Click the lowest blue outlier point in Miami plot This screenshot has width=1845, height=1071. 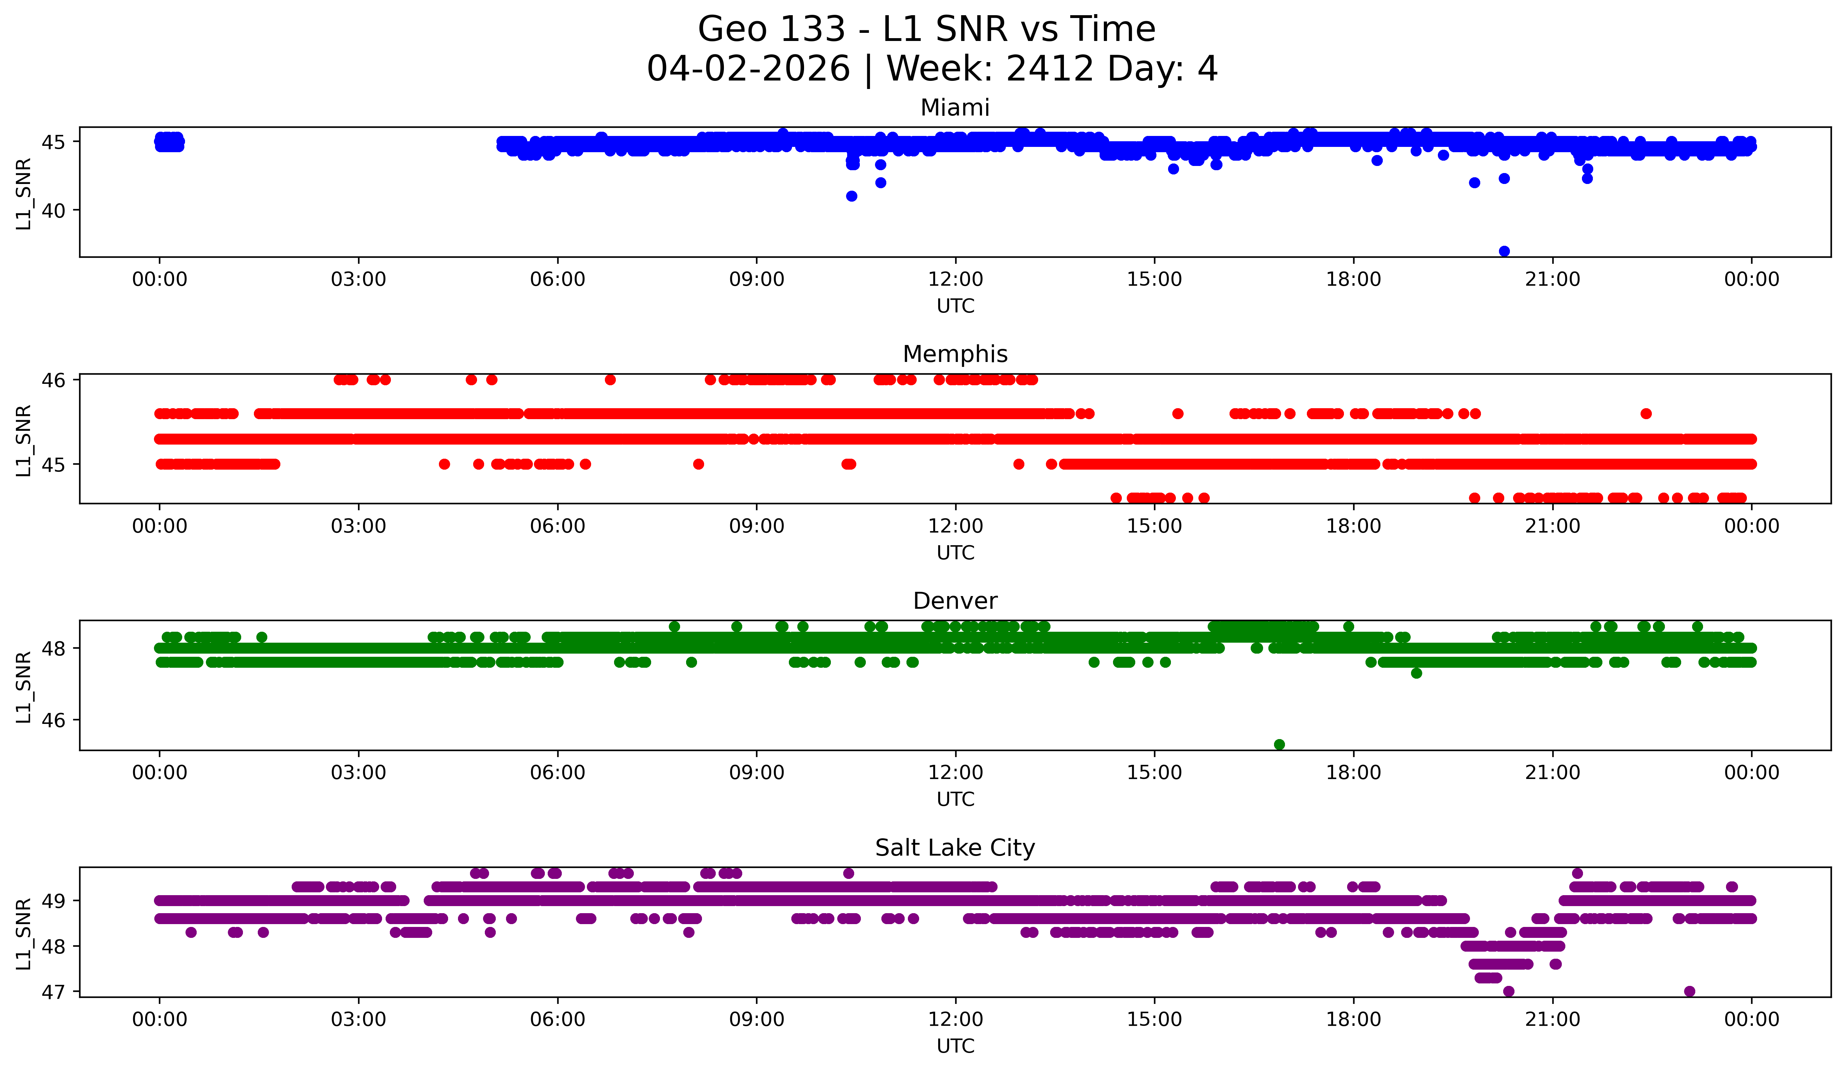click(1504, 251)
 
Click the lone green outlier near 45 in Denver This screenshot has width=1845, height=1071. click(1279, 744)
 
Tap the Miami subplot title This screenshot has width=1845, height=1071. click(955, 108)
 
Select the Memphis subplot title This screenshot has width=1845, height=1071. click(955, 354)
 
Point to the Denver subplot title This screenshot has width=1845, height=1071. click(955, 601)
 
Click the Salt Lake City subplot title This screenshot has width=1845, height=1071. click(955, 848)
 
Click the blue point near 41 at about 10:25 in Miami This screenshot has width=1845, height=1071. click(851, 196)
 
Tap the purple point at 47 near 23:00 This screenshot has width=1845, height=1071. click(1689, 991)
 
